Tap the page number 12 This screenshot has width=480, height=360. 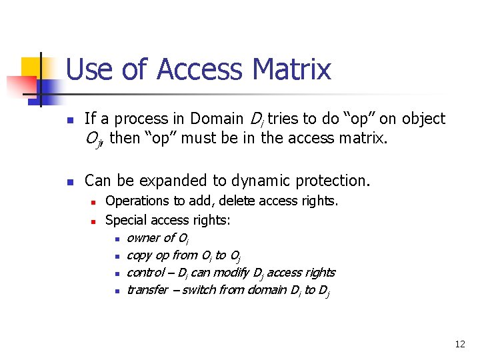pos(459,344)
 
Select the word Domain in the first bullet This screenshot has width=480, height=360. pos(217,119)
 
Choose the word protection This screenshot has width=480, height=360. pos(337,181)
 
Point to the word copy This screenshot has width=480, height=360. pos(139,255)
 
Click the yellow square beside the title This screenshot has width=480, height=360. pos(32,67)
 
